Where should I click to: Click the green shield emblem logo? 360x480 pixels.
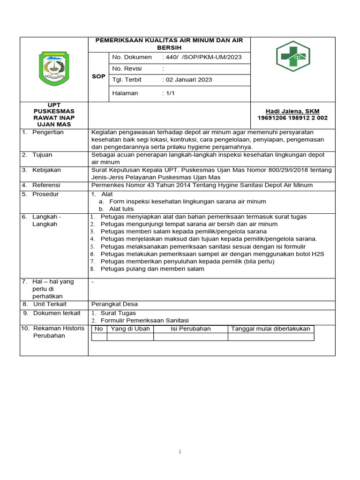53,69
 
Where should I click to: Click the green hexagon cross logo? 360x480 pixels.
292,56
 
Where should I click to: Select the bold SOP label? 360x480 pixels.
98,76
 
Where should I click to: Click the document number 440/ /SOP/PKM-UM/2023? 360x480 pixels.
202,57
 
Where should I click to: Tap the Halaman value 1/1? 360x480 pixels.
168,93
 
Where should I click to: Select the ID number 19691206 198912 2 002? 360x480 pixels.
292,118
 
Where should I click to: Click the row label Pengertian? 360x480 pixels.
48,132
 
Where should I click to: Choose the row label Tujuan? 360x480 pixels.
42,155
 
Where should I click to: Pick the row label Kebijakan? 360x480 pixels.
46,170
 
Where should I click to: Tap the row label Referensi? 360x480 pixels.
46,185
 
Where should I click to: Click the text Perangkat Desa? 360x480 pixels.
114,304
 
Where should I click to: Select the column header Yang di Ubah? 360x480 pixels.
130,329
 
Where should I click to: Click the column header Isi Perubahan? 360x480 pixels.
190,329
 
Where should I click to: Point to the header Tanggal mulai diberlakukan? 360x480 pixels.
270,329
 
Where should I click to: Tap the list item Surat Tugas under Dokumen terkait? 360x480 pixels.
118,313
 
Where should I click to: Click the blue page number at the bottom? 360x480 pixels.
180,452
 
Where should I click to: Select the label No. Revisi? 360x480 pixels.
127,68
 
